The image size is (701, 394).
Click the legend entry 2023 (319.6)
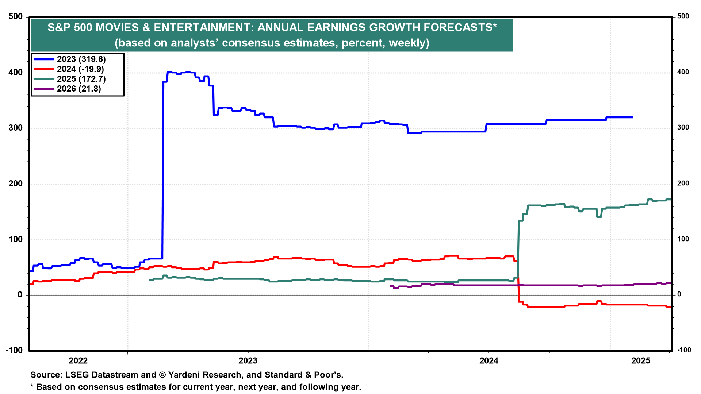point(81,59)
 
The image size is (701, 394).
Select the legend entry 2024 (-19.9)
point(80,69)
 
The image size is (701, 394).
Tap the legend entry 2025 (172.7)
point(81,79)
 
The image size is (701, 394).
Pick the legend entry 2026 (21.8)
point(79,89)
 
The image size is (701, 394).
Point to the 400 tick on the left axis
point(15,73)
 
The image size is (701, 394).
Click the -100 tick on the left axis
point(14,350)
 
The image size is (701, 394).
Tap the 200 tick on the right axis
point(683,184)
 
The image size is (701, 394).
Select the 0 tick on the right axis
point(679,294)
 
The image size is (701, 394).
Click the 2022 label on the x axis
point(78,361)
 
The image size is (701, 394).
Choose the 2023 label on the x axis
point(248,361)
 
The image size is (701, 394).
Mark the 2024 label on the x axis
point(489,361)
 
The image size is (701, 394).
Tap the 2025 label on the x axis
point(641,361)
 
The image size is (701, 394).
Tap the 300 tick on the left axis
point(15,128)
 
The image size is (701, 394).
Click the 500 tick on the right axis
point(683,16)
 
